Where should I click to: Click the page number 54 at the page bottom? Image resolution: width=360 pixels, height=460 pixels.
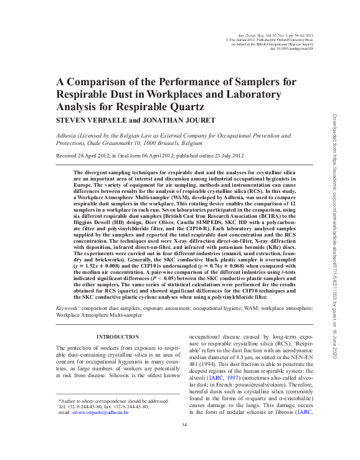[x=184, y=425]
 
